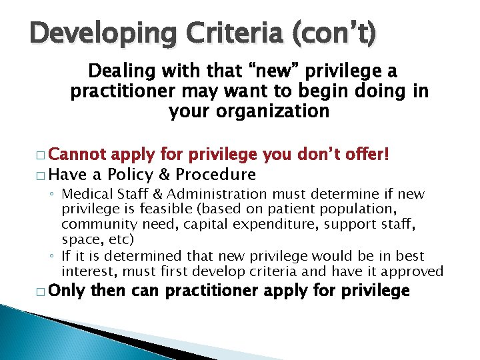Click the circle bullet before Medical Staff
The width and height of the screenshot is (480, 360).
tap(52, 194)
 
